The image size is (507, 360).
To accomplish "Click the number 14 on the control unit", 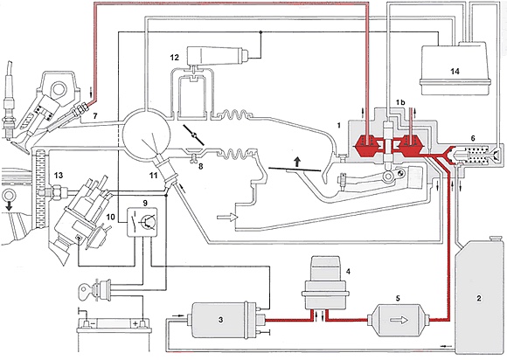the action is pos(455,71).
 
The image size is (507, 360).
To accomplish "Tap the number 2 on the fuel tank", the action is pos(479,298).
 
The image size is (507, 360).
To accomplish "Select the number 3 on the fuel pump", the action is pos(220,320).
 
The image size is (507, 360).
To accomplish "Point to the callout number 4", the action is pos(348,271).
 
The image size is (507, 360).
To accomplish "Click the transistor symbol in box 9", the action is pos(145,222).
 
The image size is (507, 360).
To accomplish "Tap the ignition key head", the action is pos(86,288).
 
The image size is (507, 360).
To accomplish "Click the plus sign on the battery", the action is pos(135,322).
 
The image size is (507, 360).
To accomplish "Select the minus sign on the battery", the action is pos(94,322).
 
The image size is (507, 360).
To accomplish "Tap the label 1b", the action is pos(400,102).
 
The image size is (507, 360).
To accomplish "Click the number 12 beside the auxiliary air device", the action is pos(174,58).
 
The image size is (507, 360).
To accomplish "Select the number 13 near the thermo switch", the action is pos(59,176).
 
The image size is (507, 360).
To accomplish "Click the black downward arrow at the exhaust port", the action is pos(9,206).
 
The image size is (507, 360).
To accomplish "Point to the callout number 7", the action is pos(94,115).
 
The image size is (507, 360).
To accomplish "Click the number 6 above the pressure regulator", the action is pos(473,138).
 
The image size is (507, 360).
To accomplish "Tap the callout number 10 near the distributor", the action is pos(111,217).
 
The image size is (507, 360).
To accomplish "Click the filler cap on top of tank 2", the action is pos(496,238).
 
